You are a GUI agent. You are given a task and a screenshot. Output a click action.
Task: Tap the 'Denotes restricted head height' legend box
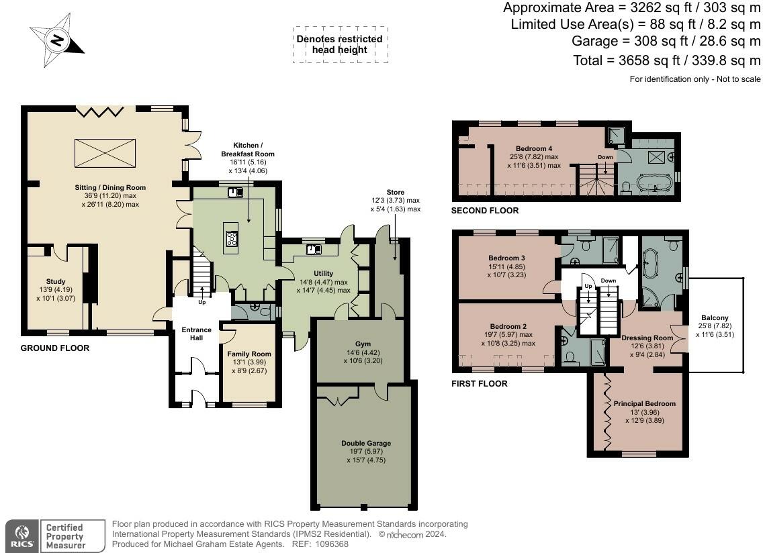340,45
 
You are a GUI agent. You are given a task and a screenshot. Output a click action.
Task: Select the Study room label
56,281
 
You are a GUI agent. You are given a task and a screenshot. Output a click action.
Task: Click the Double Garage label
366,443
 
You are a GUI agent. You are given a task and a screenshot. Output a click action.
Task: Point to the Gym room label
363,344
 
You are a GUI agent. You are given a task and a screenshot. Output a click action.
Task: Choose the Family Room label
249,354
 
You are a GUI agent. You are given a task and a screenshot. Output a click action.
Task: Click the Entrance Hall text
197,334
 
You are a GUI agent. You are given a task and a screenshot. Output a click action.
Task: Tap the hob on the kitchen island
232,238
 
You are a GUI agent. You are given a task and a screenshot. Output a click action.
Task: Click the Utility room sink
314,250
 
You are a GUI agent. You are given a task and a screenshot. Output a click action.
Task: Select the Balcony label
715,317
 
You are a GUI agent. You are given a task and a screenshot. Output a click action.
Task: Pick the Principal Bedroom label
644,404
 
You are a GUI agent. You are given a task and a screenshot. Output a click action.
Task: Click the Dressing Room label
647,338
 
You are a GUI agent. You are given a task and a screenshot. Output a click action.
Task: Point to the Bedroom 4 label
534,148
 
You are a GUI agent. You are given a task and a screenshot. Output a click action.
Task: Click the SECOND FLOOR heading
485,211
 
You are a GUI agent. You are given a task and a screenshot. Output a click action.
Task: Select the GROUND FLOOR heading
55,348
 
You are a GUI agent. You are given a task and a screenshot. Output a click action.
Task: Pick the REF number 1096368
331,544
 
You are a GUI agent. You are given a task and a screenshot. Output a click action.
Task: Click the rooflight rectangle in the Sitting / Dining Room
105,153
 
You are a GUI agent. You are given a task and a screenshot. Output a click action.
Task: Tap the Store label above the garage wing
395,192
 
